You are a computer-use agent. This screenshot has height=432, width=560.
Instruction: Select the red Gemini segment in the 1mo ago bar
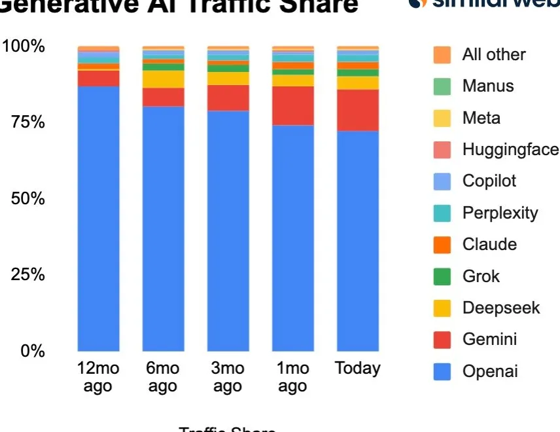pos(293,105)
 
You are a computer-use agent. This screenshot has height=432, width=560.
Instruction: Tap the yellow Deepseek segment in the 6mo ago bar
pos(164,79)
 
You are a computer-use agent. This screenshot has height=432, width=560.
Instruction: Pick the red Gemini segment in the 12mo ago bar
pos(98,78)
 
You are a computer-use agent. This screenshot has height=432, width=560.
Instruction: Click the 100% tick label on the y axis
pos(24,46)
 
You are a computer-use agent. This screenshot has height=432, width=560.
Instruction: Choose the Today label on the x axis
pos(357,369)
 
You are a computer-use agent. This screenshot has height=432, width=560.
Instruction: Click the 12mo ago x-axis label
pos(98,377)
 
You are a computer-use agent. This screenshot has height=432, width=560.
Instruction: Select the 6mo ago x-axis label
pos(162,377)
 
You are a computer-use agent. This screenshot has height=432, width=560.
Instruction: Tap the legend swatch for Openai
pos(442,372)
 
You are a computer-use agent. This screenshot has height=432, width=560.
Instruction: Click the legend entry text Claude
pos(489,245)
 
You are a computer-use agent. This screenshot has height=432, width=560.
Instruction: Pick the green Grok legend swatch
pos(442,276)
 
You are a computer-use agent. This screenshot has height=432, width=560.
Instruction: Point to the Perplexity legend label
pos(500,213)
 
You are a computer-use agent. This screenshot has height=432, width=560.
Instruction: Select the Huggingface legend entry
pos(510,150)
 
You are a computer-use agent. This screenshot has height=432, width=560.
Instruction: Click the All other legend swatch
pos(442,55)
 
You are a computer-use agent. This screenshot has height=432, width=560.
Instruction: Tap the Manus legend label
pos(488,86)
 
